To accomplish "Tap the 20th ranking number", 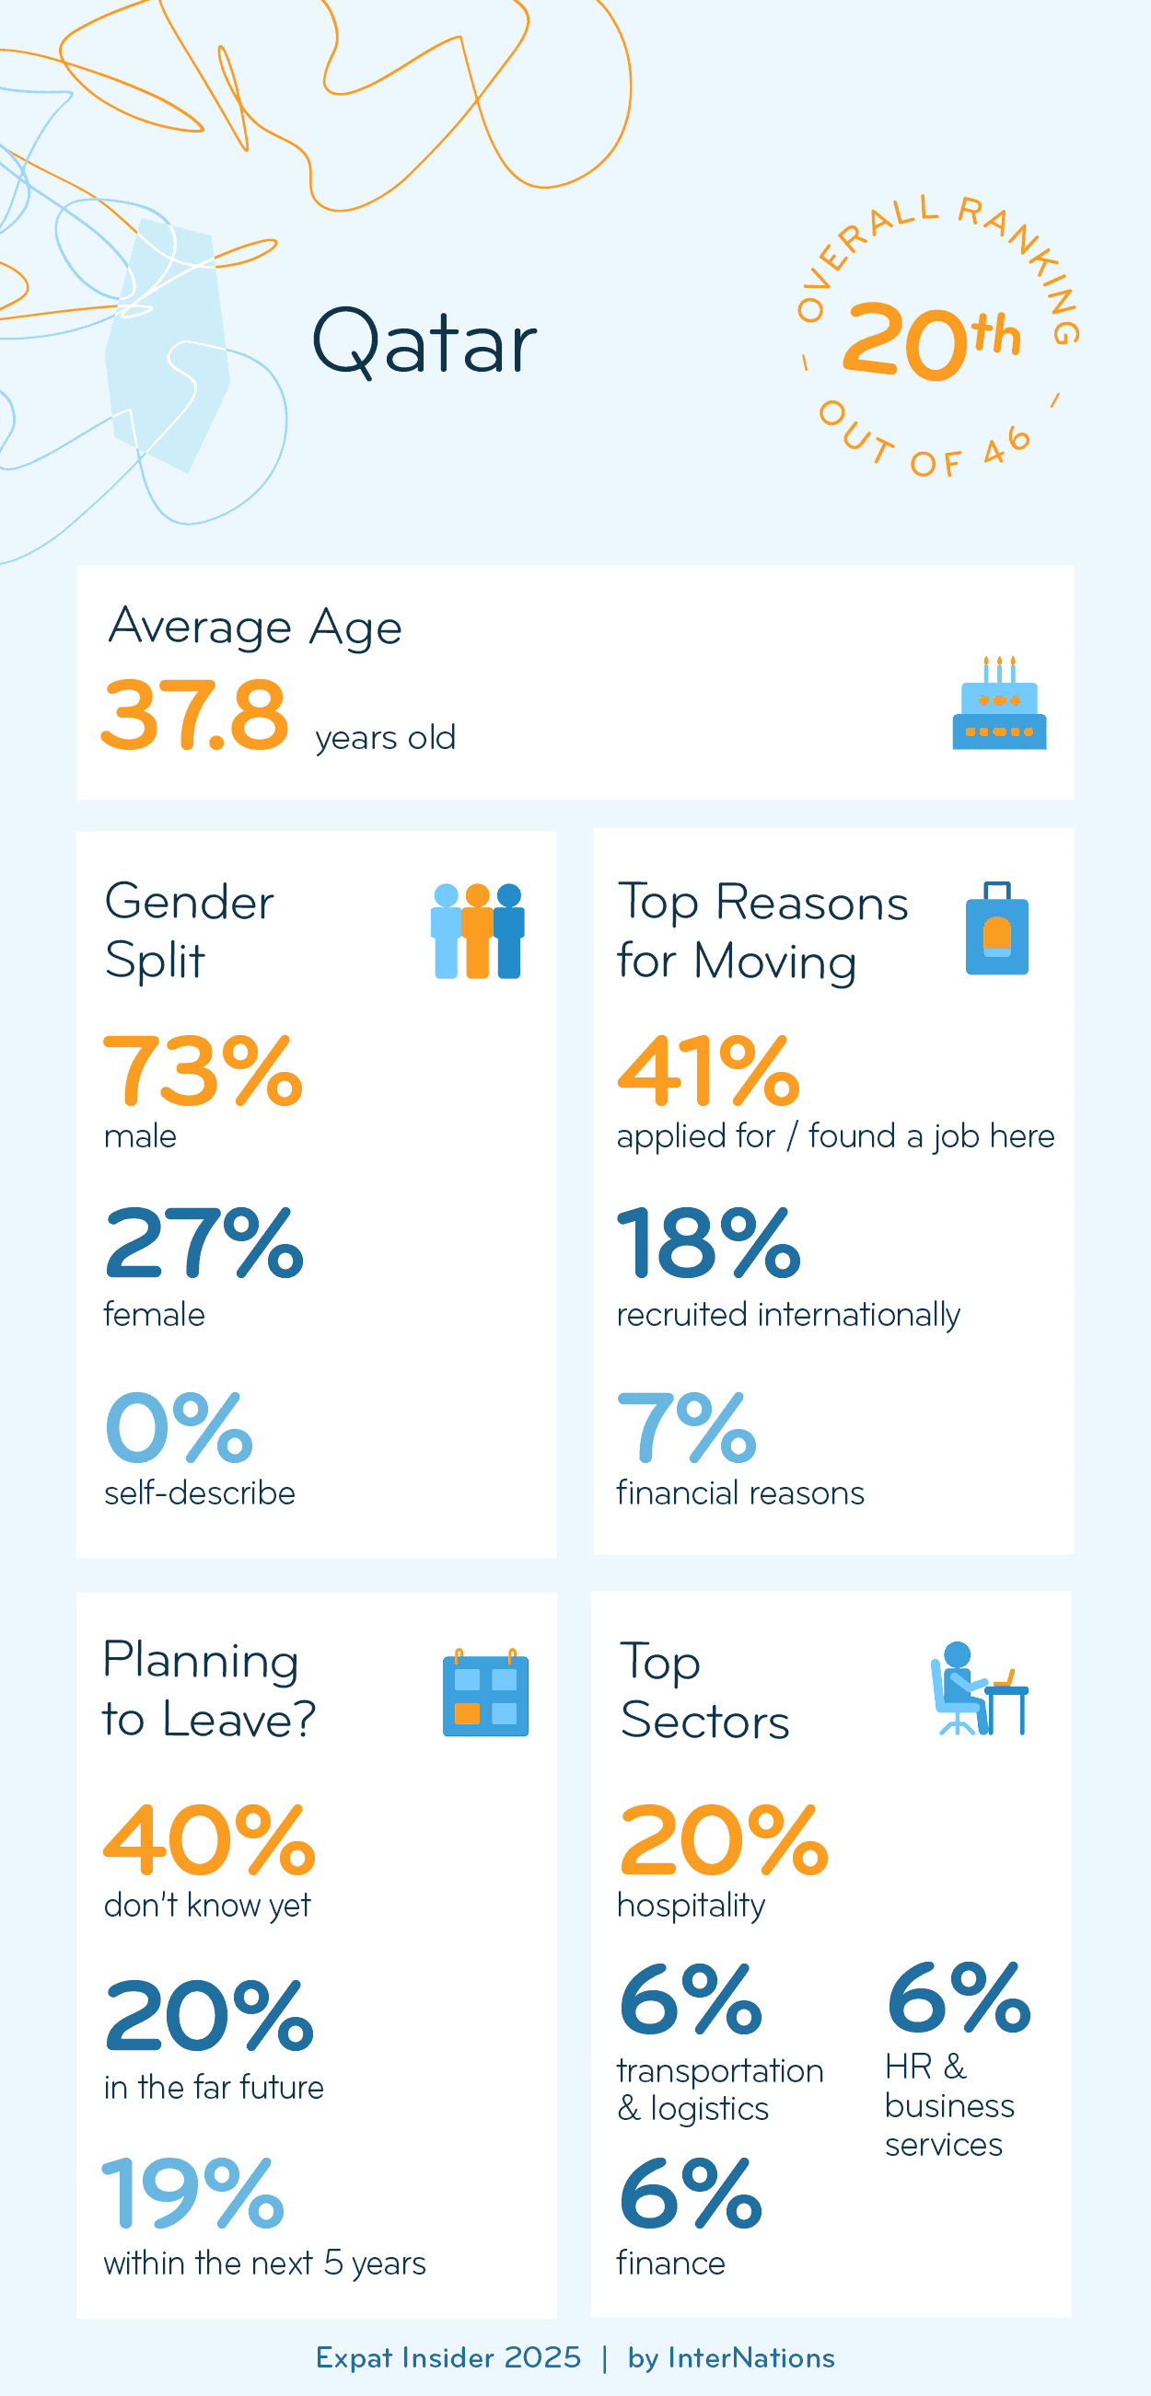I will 931,340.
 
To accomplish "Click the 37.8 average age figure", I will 194,714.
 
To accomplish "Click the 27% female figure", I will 203,1243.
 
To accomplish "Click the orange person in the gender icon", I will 477,931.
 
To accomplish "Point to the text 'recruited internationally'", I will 787,1314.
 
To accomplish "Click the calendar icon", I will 485,1694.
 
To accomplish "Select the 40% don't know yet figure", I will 209,1840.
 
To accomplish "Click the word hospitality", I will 691,1905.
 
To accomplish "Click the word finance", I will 670,2263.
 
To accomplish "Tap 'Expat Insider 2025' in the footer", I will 448,2358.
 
